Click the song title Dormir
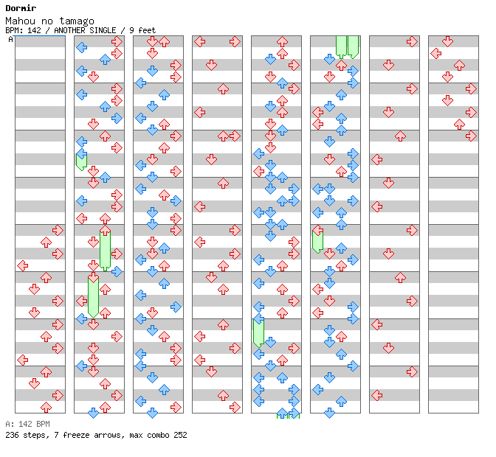click(20, 8)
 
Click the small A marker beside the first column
click(10, 39)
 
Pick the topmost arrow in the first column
click(58, 230)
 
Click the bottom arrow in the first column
click(46, 407)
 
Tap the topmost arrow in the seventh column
click(412, 41)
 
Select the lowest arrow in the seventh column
click(376, 395)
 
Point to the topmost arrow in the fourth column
click(199, 41)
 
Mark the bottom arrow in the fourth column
click(235, 407)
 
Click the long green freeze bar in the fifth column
click(258, 332)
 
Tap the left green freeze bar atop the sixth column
click(341, 46)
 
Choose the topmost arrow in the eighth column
click(447, 41)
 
